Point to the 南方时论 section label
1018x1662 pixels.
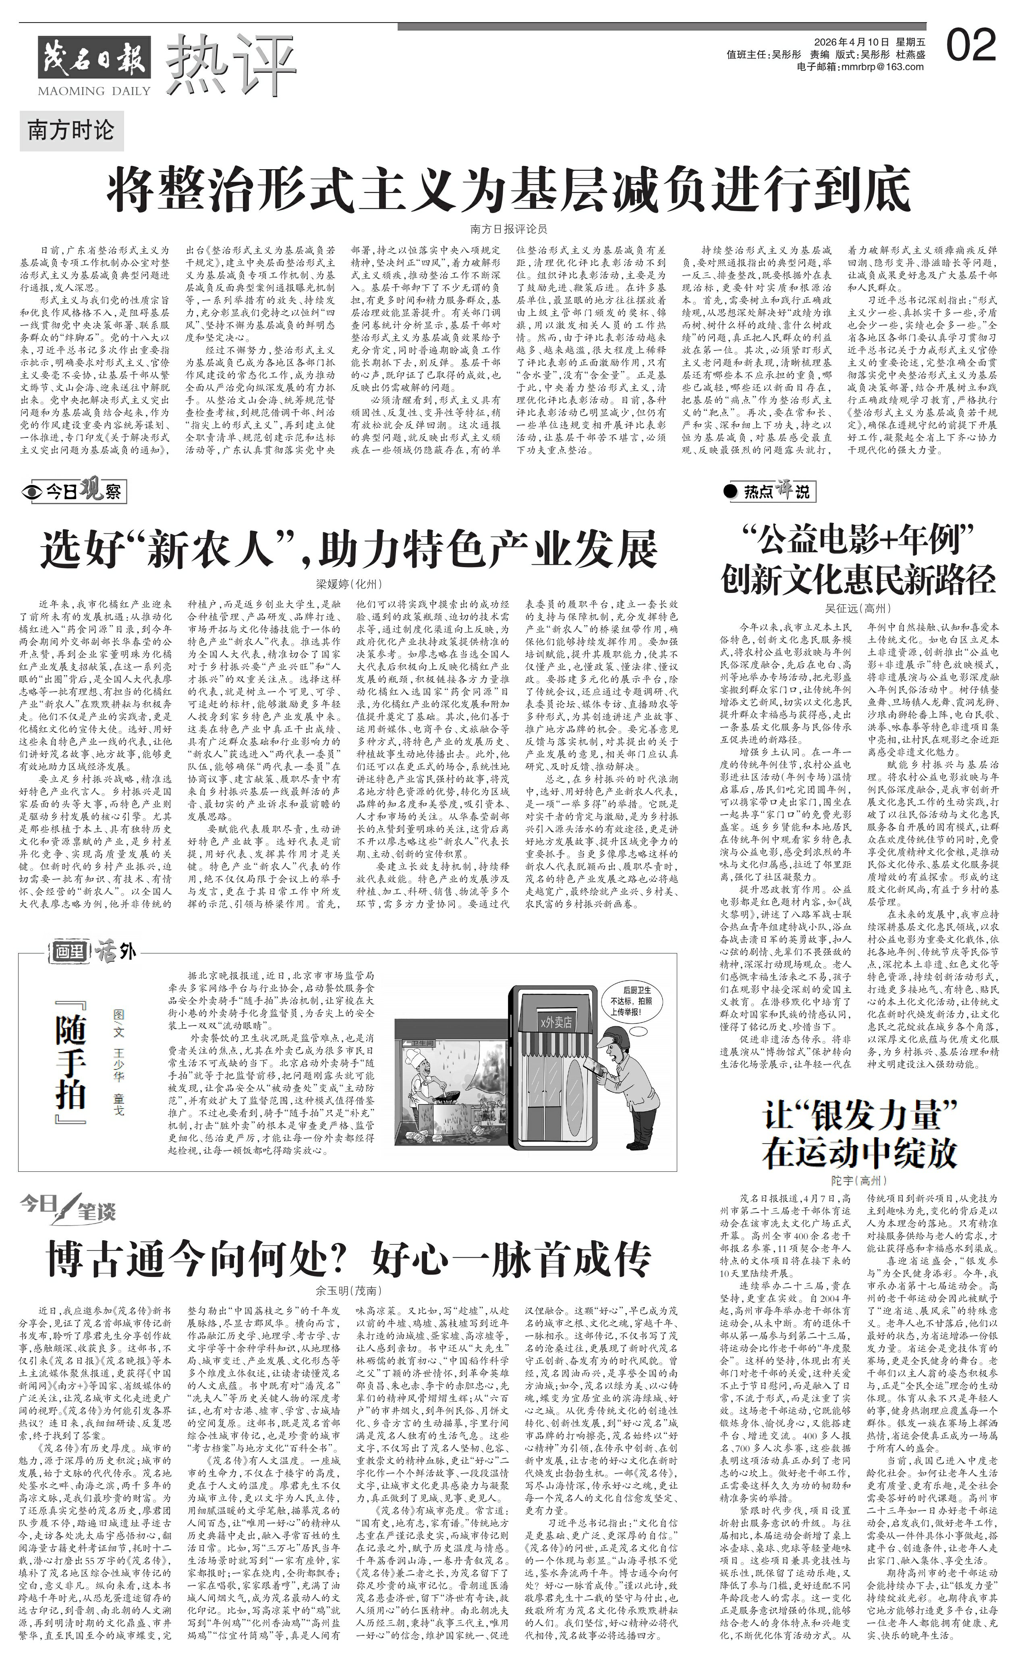(70, 130)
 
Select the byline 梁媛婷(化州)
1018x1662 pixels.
(349, 583)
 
